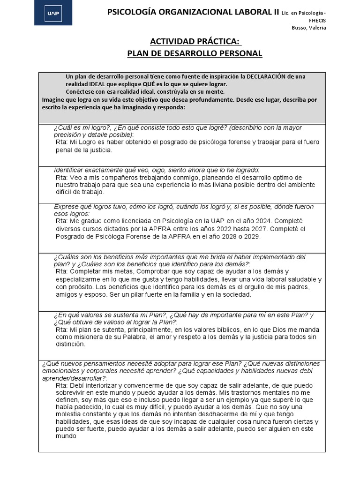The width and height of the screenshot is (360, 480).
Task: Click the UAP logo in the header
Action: coord(53,14)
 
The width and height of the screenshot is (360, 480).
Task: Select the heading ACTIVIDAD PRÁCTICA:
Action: coord(195,42)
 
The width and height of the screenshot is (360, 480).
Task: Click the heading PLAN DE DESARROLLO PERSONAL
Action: coord(195,53)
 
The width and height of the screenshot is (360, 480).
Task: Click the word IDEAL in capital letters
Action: coord(96,84)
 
